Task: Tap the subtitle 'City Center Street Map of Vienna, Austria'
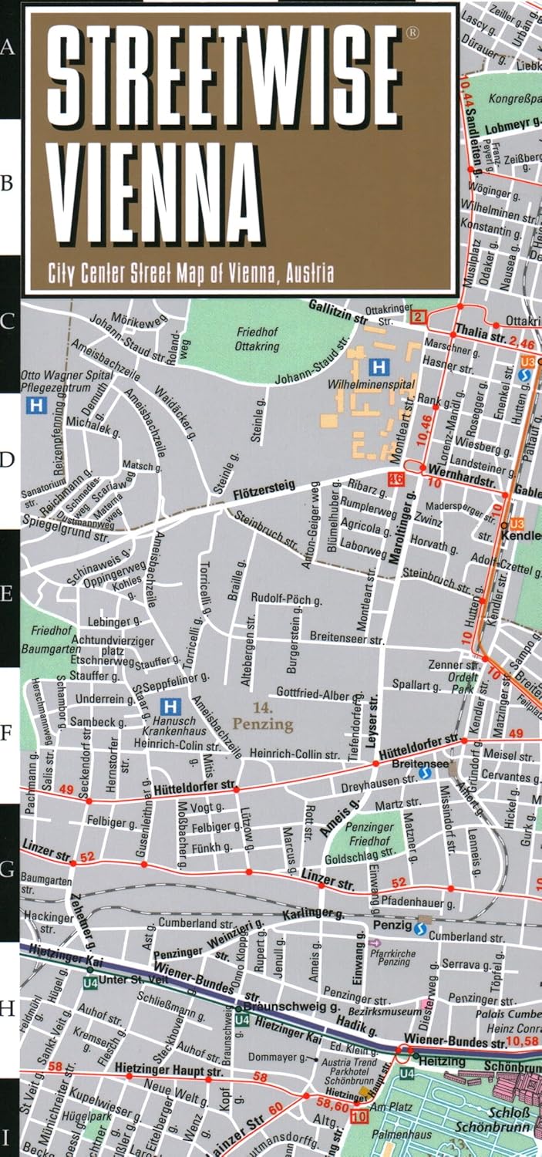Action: point(191,272)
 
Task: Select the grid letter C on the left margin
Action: point(8,322)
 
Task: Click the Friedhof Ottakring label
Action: point(258,339)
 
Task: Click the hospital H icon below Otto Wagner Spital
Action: point(35,404)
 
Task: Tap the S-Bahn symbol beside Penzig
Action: point(420,929)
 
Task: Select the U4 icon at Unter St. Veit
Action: point(90,982)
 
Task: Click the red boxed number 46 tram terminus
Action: point(396,479)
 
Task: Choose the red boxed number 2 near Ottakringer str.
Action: point(418,317)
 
